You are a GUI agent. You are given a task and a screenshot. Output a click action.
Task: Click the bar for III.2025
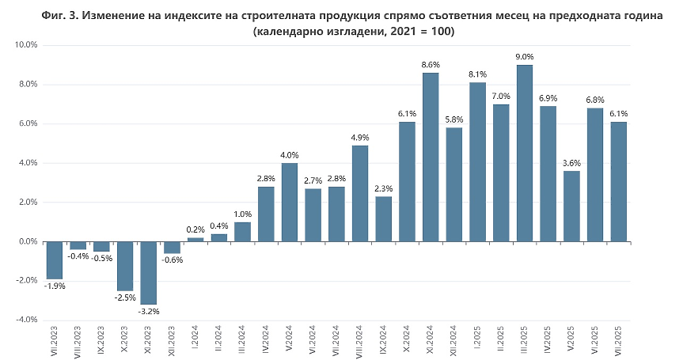point(524,153)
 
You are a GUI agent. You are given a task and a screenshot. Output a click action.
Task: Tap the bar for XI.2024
point(431,157)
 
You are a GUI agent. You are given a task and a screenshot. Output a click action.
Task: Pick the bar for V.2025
point(571,207)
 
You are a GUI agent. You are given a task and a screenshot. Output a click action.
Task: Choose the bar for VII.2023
point(54,260)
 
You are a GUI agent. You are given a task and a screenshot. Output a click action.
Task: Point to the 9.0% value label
point(524,56)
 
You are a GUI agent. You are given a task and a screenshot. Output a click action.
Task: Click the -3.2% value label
point(148,312)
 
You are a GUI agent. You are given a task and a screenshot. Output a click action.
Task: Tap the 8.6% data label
point(431,64)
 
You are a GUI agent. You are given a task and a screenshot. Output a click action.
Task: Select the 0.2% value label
point(195,229)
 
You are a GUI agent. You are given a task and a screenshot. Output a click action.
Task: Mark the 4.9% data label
point(360,137)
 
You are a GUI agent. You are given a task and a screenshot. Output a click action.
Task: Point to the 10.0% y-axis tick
point(26,45)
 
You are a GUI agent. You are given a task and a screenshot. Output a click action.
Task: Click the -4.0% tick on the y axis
point(26,320)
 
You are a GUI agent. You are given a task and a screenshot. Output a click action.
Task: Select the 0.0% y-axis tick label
point(26,241)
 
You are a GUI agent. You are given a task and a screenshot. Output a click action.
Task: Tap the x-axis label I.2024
point(195,340)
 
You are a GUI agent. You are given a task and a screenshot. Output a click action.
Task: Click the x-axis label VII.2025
point(619,341)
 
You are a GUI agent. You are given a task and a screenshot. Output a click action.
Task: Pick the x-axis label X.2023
point(125,341)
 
